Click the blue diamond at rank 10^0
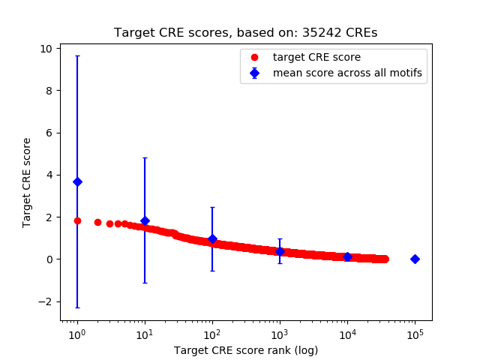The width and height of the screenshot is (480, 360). click(x=77, y=181)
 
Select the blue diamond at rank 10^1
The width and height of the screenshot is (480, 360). click(x=145, y=220)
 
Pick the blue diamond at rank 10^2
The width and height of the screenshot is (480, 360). click(x=212, y=238)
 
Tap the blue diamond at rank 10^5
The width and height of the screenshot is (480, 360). click(x=415, y=259)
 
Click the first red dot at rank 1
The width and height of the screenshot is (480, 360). click(x=77, y=220)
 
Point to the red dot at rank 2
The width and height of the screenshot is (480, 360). click(x=97, y=222)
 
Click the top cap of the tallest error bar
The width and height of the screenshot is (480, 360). click(x=77, y=55)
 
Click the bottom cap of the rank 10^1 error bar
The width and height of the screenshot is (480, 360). click(x=145, y=283)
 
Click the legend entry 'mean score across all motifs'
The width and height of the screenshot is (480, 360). click(x=347, y=73)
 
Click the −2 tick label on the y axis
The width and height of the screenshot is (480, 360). click(x=46, y=301)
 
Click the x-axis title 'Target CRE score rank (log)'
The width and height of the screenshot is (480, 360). click(x=246, y=350)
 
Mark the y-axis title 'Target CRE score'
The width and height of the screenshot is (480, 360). click(x=27, y=182)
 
